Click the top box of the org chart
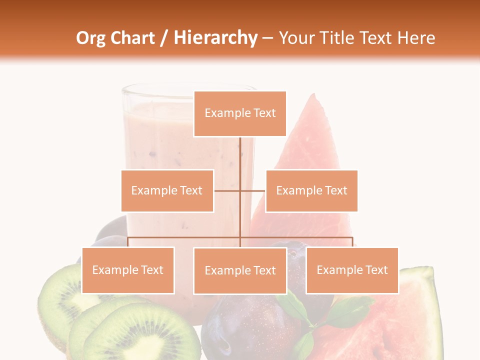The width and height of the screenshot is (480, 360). (x=240, y=113)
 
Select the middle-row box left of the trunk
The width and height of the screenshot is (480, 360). (x=167, y=190)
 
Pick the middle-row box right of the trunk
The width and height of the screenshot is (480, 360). (x=311, y=190)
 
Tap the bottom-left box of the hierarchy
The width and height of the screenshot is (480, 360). (x=128, y=270)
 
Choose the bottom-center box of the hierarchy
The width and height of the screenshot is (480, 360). (x=240, y=270)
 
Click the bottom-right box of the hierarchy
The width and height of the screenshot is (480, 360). (x=352, y=270)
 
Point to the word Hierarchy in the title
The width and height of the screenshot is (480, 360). (x=215, y=38)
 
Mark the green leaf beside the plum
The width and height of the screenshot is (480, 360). (x=293, y=306)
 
